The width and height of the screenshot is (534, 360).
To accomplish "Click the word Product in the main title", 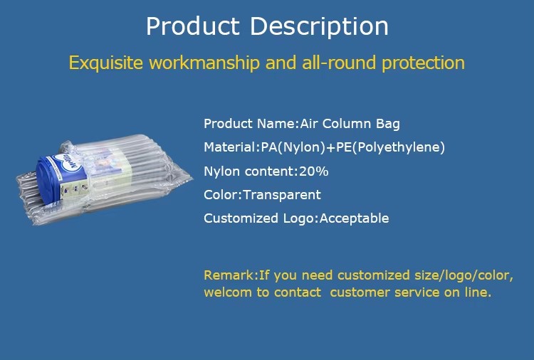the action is click(x=193, y=26).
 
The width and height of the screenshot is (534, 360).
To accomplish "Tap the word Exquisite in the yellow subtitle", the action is click(x=106, y=63).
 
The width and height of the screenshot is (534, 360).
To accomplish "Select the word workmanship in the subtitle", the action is click(x=204, y=63).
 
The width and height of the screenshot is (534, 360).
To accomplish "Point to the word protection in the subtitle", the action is click(x=424, y=63).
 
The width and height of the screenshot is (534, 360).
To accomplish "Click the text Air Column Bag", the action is click(x=350, y=124).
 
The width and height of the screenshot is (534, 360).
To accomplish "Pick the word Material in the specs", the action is click(x=229, y=147).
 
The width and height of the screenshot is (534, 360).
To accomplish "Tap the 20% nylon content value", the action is click(x=314, y=171).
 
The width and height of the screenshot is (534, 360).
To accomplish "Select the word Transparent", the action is click(x=282, y=196).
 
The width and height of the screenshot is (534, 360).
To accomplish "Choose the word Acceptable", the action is click(x=354, y=218).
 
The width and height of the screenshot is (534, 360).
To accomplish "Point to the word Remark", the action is click(x=229, y=275).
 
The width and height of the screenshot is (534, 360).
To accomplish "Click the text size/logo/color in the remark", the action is click(x=464, y=275).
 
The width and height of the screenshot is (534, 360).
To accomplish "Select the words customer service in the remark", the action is click(x=384, y=292).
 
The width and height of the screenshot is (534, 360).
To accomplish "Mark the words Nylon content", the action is click(x=249, y=171).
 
